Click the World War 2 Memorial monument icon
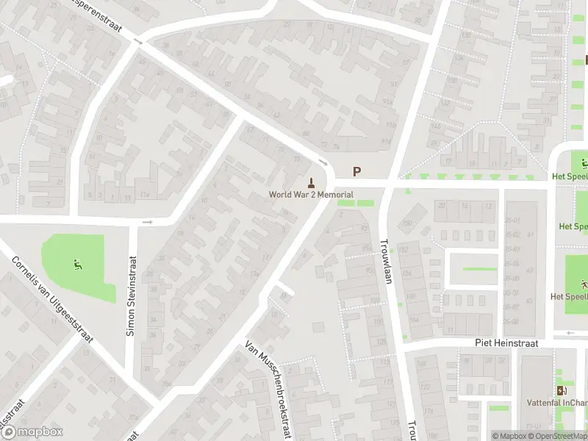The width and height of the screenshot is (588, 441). pos(312,182)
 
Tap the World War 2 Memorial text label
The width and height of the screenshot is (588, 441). pos(311,195)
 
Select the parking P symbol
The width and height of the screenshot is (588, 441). pos(357,171)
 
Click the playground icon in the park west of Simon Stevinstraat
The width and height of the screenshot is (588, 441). pos(77,265)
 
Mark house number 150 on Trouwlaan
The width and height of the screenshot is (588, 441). pos(407,223)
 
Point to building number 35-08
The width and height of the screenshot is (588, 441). pos(512,321)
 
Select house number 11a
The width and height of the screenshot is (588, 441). pos(146,194)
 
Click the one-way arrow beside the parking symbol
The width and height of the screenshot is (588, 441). pos(323,162)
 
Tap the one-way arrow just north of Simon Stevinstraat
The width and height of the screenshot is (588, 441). pos(147,221)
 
